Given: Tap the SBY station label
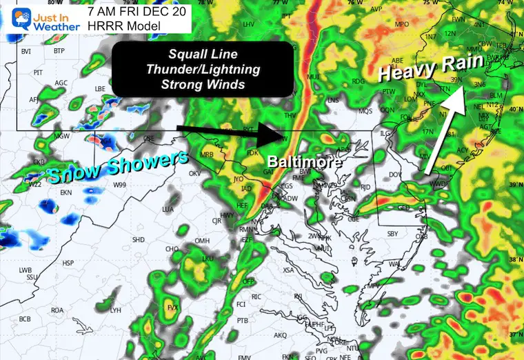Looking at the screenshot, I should pyautogui.click(x=393, y=234).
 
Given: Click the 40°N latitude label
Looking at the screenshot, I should pyautogui.click(x=514, y=109).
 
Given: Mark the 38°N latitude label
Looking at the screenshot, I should pyautogui.click(x=514, y=260).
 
